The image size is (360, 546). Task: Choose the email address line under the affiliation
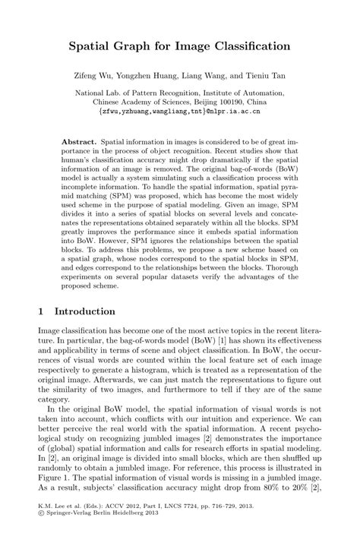(180, 109)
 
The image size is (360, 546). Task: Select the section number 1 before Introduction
(43, 311)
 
